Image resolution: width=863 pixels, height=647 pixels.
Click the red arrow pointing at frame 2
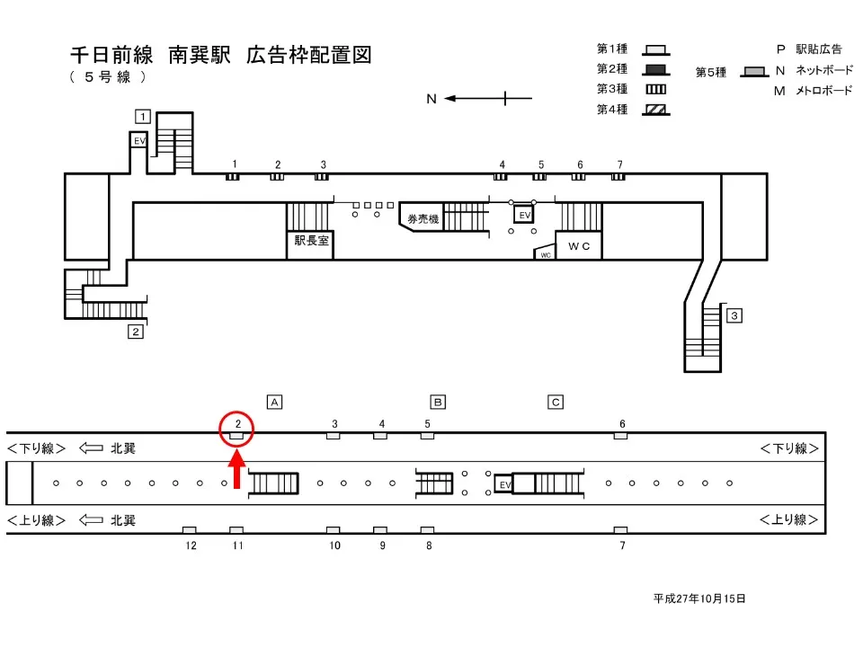pos(237,470)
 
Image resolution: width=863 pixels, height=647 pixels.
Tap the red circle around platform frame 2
pos(237,429)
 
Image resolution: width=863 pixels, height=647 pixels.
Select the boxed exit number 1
pos(142,115)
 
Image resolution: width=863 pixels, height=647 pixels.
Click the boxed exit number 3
pos(734,315)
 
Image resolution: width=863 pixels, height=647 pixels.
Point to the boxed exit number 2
pos(136,331)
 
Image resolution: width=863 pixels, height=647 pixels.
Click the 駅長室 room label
pos(311,241)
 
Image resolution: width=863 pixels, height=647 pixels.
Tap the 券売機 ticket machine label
pos(423,218)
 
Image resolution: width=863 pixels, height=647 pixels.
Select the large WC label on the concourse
pos(577,245)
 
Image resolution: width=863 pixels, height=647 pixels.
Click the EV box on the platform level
pos(504,484)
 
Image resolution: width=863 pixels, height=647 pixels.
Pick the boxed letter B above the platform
pos(439,402)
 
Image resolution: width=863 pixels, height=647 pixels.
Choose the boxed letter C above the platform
pos(556,402)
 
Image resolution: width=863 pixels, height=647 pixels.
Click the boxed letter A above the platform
pos(275,402)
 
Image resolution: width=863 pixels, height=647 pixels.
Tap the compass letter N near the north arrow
pos(431,99)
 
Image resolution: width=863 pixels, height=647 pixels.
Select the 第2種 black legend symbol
pos(655,69)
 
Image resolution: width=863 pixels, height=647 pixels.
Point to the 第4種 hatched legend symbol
pos(655,110)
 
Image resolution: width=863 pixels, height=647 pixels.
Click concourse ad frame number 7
pos(618,176)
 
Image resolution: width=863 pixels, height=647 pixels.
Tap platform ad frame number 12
pos(190,531)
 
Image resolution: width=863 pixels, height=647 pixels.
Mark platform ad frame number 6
pos(620,436)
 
